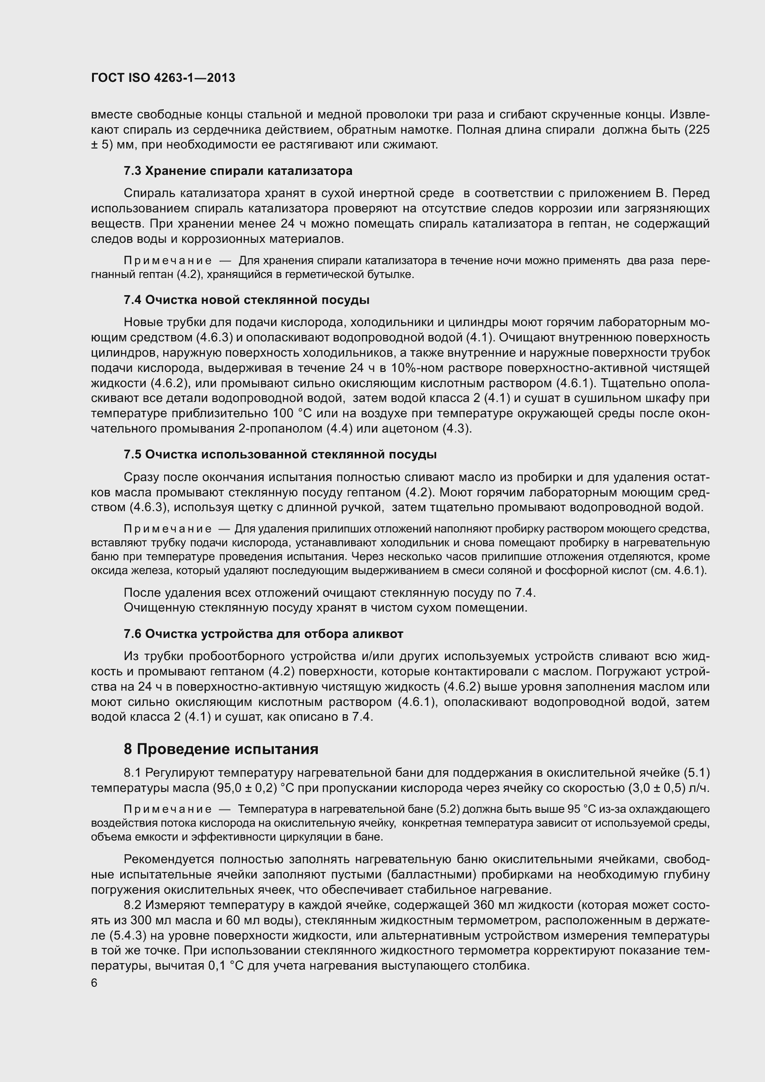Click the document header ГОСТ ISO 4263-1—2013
pyautogui.click(x=163, y=78)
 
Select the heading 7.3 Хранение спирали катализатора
pyautogui.click(x=238, y=171)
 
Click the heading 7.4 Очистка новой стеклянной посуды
pyautogui.click(x=247, y=300)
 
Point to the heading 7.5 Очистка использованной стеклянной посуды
pyautogui.click(x=280, y=455)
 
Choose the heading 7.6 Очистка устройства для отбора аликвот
pyautogui.click(x=263, y=634)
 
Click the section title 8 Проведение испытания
pyautogui.click(x=221, y=749)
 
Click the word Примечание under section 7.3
pyautogui.click(x=168, y=261)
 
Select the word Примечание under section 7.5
pyautogui.click(x=168, y=529)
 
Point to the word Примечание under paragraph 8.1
pyautogui.click(x=168, y=810)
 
